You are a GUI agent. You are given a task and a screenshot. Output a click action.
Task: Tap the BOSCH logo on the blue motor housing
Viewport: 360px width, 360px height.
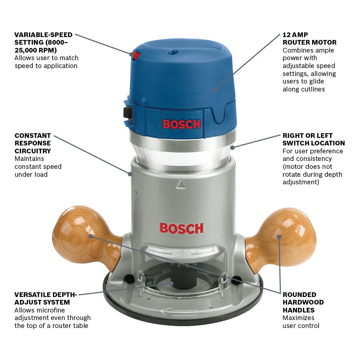(181, 124)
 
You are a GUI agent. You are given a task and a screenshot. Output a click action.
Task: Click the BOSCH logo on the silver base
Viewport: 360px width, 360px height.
(181, 228)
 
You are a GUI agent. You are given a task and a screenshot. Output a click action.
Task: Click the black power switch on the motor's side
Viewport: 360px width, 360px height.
(127, 112)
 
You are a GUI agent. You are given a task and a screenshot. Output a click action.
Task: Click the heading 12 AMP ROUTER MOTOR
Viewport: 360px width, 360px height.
(309, 39)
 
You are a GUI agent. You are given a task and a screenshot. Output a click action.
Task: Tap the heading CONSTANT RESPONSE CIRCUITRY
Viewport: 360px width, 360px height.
(33, 143)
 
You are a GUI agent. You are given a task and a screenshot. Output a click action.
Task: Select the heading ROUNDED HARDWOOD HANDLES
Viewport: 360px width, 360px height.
(303, 302)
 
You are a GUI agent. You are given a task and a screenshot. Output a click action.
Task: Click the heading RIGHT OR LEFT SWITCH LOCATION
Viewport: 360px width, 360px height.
(313, 139)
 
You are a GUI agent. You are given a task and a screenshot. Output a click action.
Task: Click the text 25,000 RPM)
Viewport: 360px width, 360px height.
(36, 50)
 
